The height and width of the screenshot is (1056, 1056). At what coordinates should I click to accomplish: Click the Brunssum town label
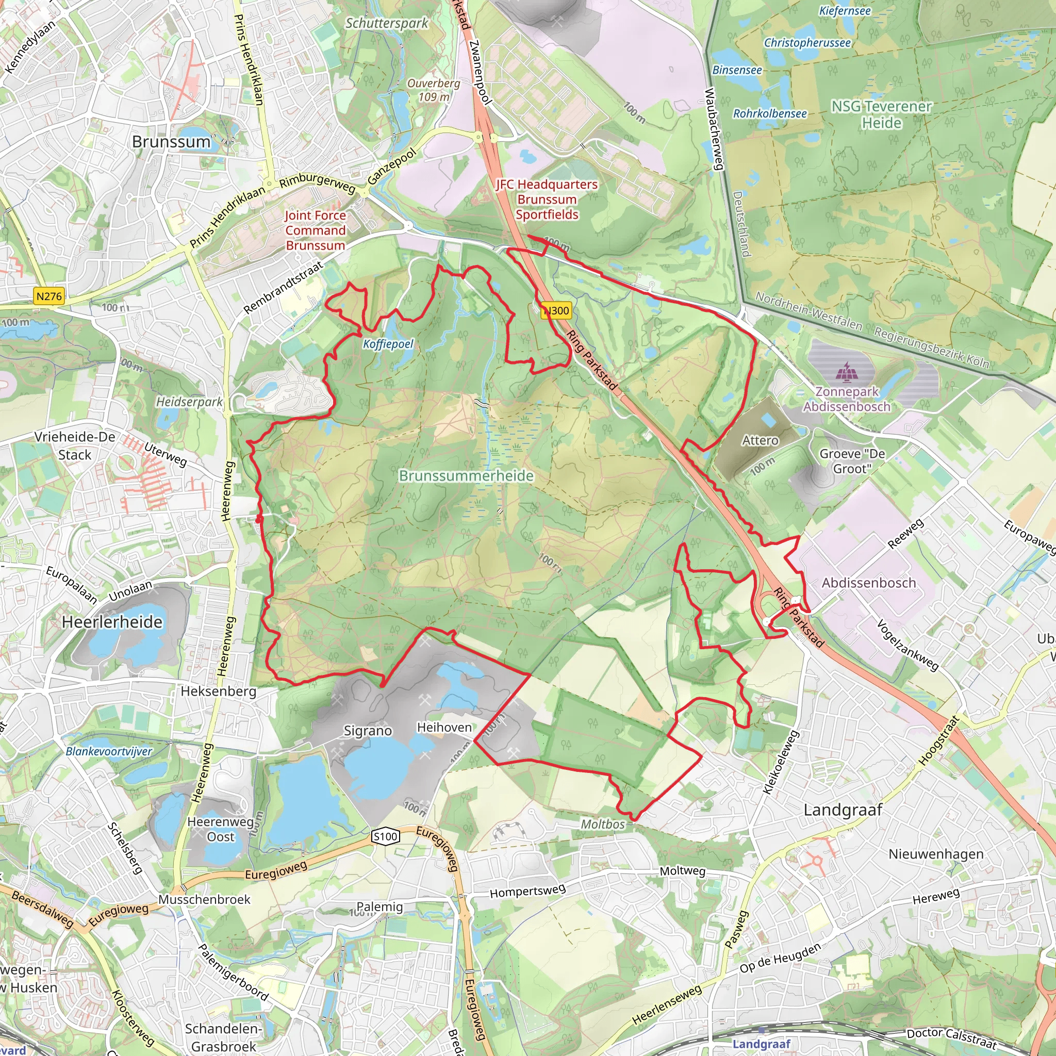pyautogui.click(x=171, y=142)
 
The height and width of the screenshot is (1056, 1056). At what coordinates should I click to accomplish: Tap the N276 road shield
pyautogui.click(x=49, y=296)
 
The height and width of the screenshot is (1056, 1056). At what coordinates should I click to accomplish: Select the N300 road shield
pyautogui.click(x=556, y=310)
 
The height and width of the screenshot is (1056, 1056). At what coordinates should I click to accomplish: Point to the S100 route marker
pyautogui.click(x=385, y=836)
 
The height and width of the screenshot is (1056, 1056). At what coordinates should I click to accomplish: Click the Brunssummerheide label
pyautogui.click(x=466, y=475)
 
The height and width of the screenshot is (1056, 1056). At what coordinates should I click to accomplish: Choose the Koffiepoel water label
pyautogui.click(x=388, y=344)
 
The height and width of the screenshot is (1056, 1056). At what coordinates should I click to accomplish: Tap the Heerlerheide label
pyautogui.click(x=112, y=622)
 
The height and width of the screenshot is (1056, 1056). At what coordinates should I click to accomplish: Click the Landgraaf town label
pyautogui.click(x=843, y=810)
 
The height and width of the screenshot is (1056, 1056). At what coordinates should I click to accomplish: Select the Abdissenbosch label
pyautogui.click(x=868, y=583)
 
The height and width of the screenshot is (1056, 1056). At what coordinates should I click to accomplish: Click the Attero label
pyautogui.click(x=760, y=440)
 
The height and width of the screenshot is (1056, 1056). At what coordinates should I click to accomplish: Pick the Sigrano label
pyautogui.click(x=368, y=731)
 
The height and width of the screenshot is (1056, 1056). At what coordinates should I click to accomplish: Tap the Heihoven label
pyautogui.click(x=444, y=728)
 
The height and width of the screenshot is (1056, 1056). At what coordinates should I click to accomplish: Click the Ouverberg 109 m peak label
pyautogui.click(x=434, y=90)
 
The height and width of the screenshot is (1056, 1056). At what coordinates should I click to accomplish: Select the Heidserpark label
pyautogui.click(x=189, y=402)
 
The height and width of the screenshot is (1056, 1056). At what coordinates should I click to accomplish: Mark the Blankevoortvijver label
pyautogui.click(x=109, y=751)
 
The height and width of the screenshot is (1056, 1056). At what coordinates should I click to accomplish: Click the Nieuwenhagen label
pyautogui.click(x=936, y=854)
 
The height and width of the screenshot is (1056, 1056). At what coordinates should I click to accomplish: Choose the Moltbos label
pyautogui.click(x=602, y=824)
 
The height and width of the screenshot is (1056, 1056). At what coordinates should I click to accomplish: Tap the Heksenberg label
pyautogui.click(x=218, y=691)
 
